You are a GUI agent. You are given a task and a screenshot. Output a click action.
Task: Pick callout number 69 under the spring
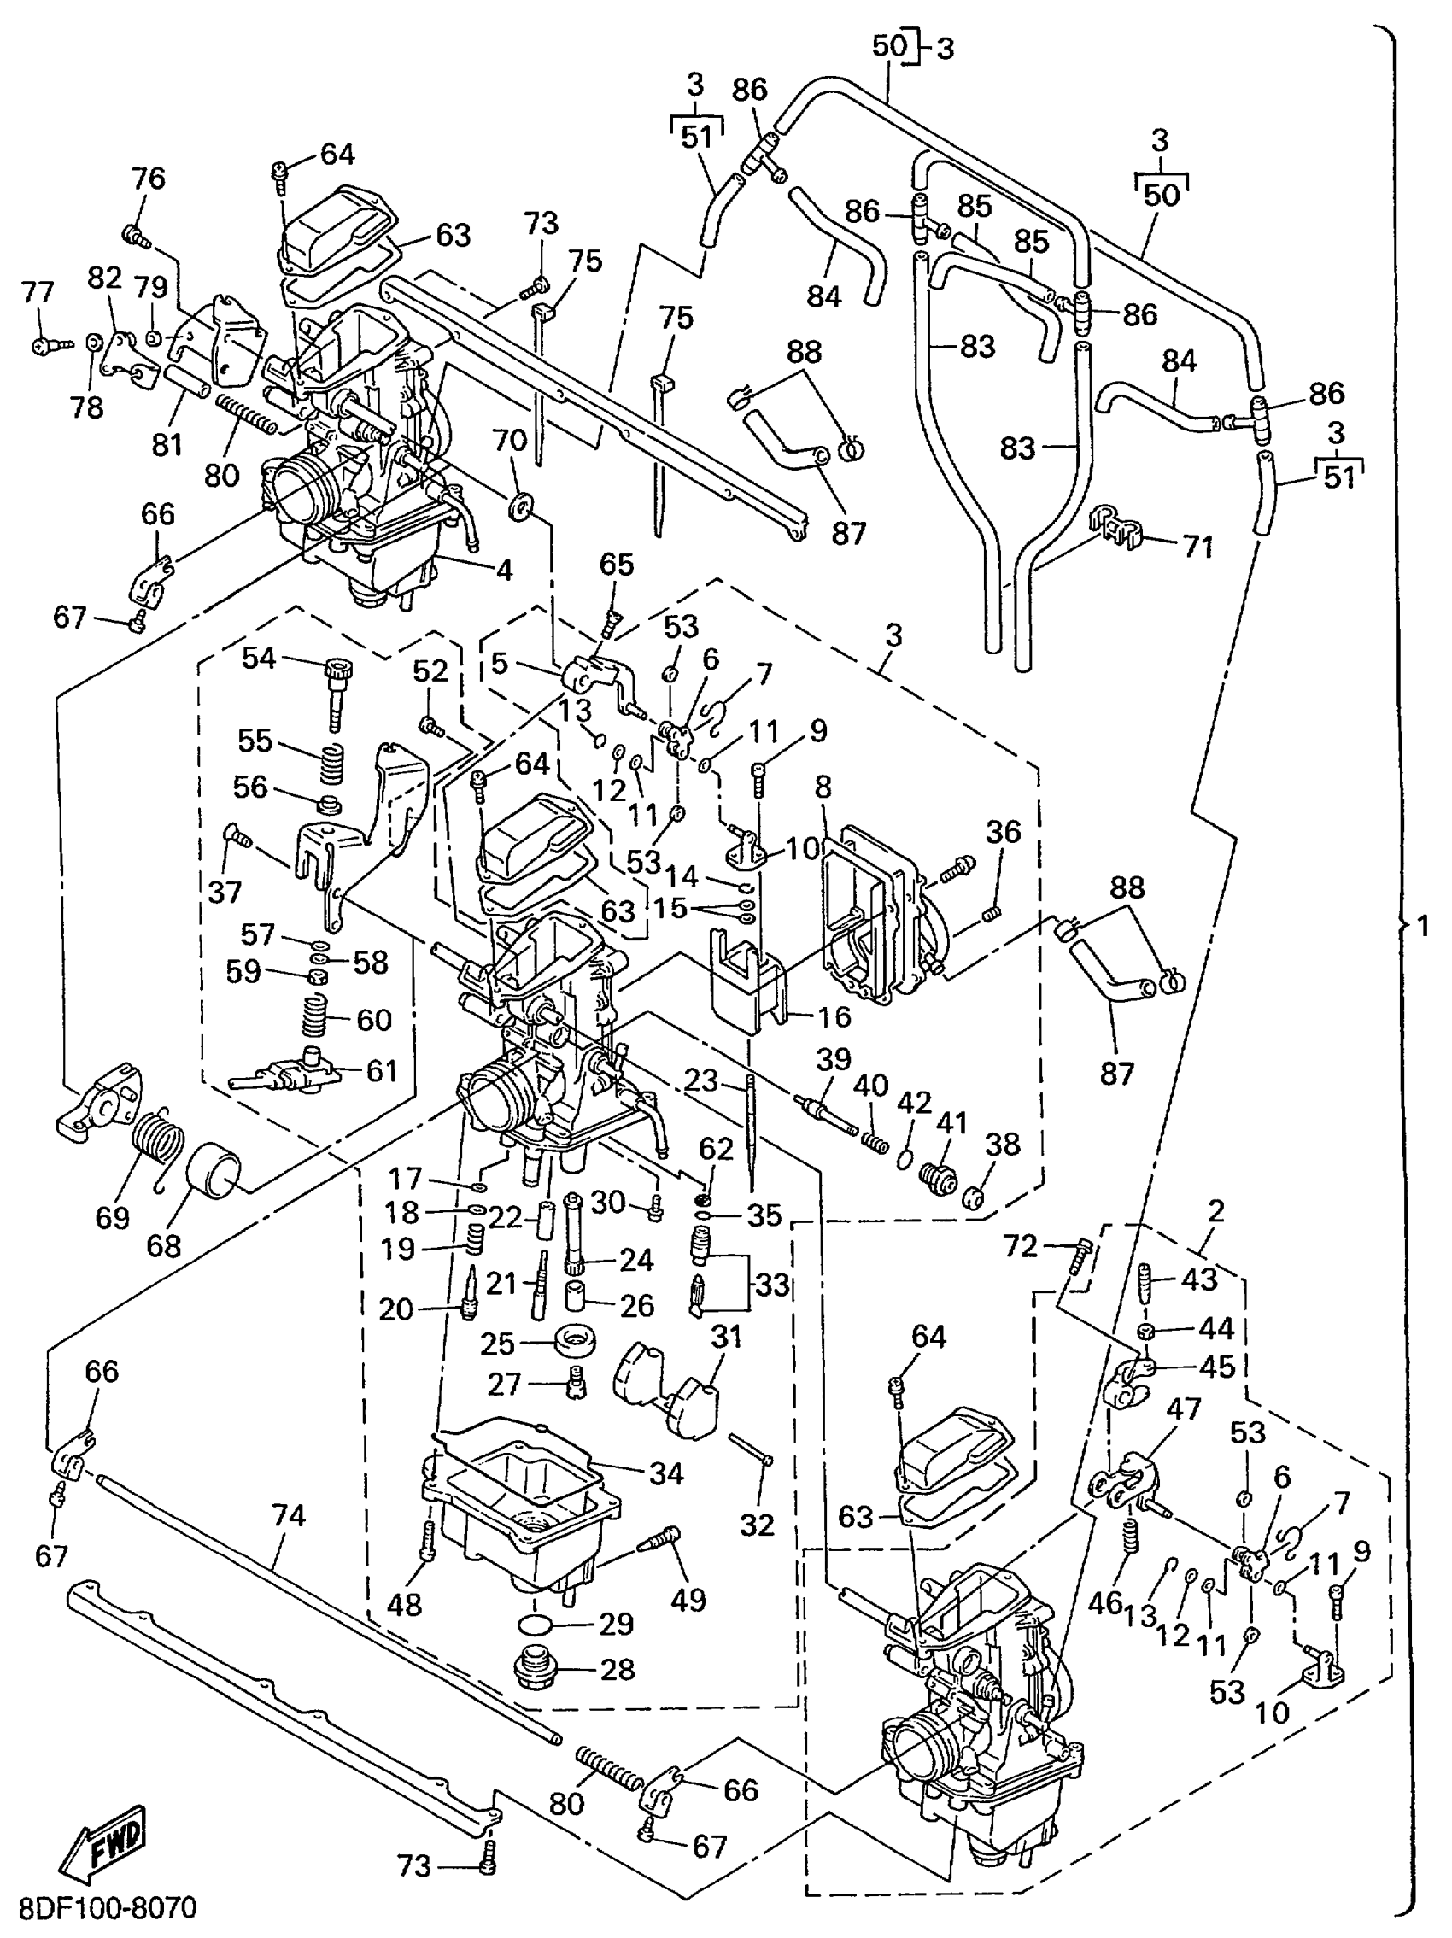tap(112, 1217)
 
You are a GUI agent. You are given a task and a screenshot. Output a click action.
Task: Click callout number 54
tap(260, 658)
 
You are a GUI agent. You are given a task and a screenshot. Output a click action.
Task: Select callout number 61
tap(382, 1070)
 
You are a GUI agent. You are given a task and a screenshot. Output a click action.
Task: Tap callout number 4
tap(503, 571)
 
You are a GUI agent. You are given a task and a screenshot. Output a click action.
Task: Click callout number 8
tap(822, 787)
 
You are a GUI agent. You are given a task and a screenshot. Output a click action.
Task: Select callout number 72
tap(1020, 1246)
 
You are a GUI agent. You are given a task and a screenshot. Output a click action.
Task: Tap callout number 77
tap(38, 293)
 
